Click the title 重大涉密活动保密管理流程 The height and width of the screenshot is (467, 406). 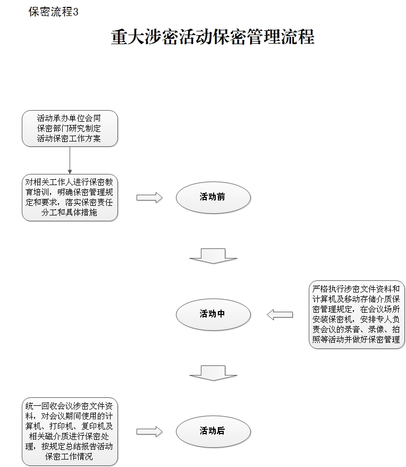click(x=213, y=37)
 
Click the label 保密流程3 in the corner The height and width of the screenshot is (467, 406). click(x=53, y=12)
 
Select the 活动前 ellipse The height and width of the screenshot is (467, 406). click(x=213, y=197)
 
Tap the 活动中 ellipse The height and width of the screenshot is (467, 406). click(x=213, y=314)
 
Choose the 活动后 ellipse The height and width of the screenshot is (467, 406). click(x=213, y=431)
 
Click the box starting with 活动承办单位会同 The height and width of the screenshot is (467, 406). click(x=69, y=128)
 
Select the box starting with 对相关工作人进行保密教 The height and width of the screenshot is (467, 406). click(x=69, y=197)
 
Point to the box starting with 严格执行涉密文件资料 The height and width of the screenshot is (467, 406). click(x=356, y=314)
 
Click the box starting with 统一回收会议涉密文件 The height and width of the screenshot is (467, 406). click(x=69, y=431)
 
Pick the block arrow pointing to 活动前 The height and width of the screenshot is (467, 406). click(x=149, y=197)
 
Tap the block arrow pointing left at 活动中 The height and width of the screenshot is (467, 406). click(x=280, y=314)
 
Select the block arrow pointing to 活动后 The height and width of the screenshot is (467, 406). click(x=149, y=431)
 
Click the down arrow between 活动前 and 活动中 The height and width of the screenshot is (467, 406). click(x=213, y=255)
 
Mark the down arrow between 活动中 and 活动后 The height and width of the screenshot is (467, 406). click(x=213, y=372)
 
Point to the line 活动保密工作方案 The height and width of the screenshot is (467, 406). click(x=69, y=138)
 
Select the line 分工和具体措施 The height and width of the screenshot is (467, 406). click(x=69, y=213)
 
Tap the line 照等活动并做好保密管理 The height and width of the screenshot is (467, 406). click(x=356, y=339)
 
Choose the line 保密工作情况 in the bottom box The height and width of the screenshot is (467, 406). click(x=69, y=456)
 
